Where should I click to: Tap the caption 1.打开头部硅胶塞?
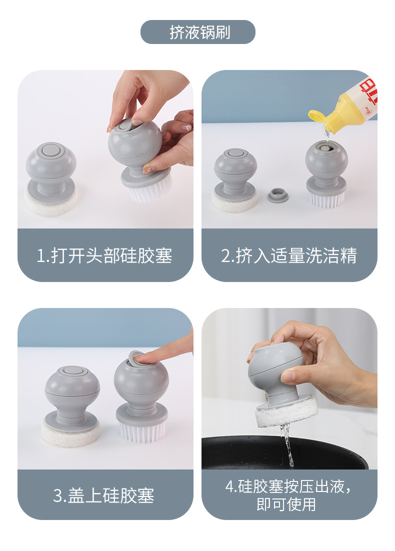pyautogui.click(x=104, y=255)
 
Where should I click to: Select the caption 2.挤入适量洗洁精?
pyautogui.click(x=289, y=255)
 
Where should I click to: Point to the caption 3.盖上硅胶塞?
pyautogui.click(x=103, y=495)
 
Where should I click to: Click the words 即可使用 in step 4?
pyautogui.click(x=286, y=504)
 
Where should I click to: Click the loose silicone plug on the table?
pyautogui.click(x=278, y=195)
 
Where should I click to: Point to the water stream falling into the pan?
pyautogui.click(x=288, y=444)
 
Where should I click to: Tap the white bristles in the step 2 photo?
pyautogui.click(x=326, y=199)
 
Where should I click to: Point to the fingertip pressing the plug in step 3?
pyautogui.click(x=140, y=357)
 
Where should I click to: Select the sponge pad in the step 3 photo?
pyautogui.click(x=70, y=433)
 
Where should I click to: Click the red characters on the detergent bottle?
pyautogui.click(x=369, y=92)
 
